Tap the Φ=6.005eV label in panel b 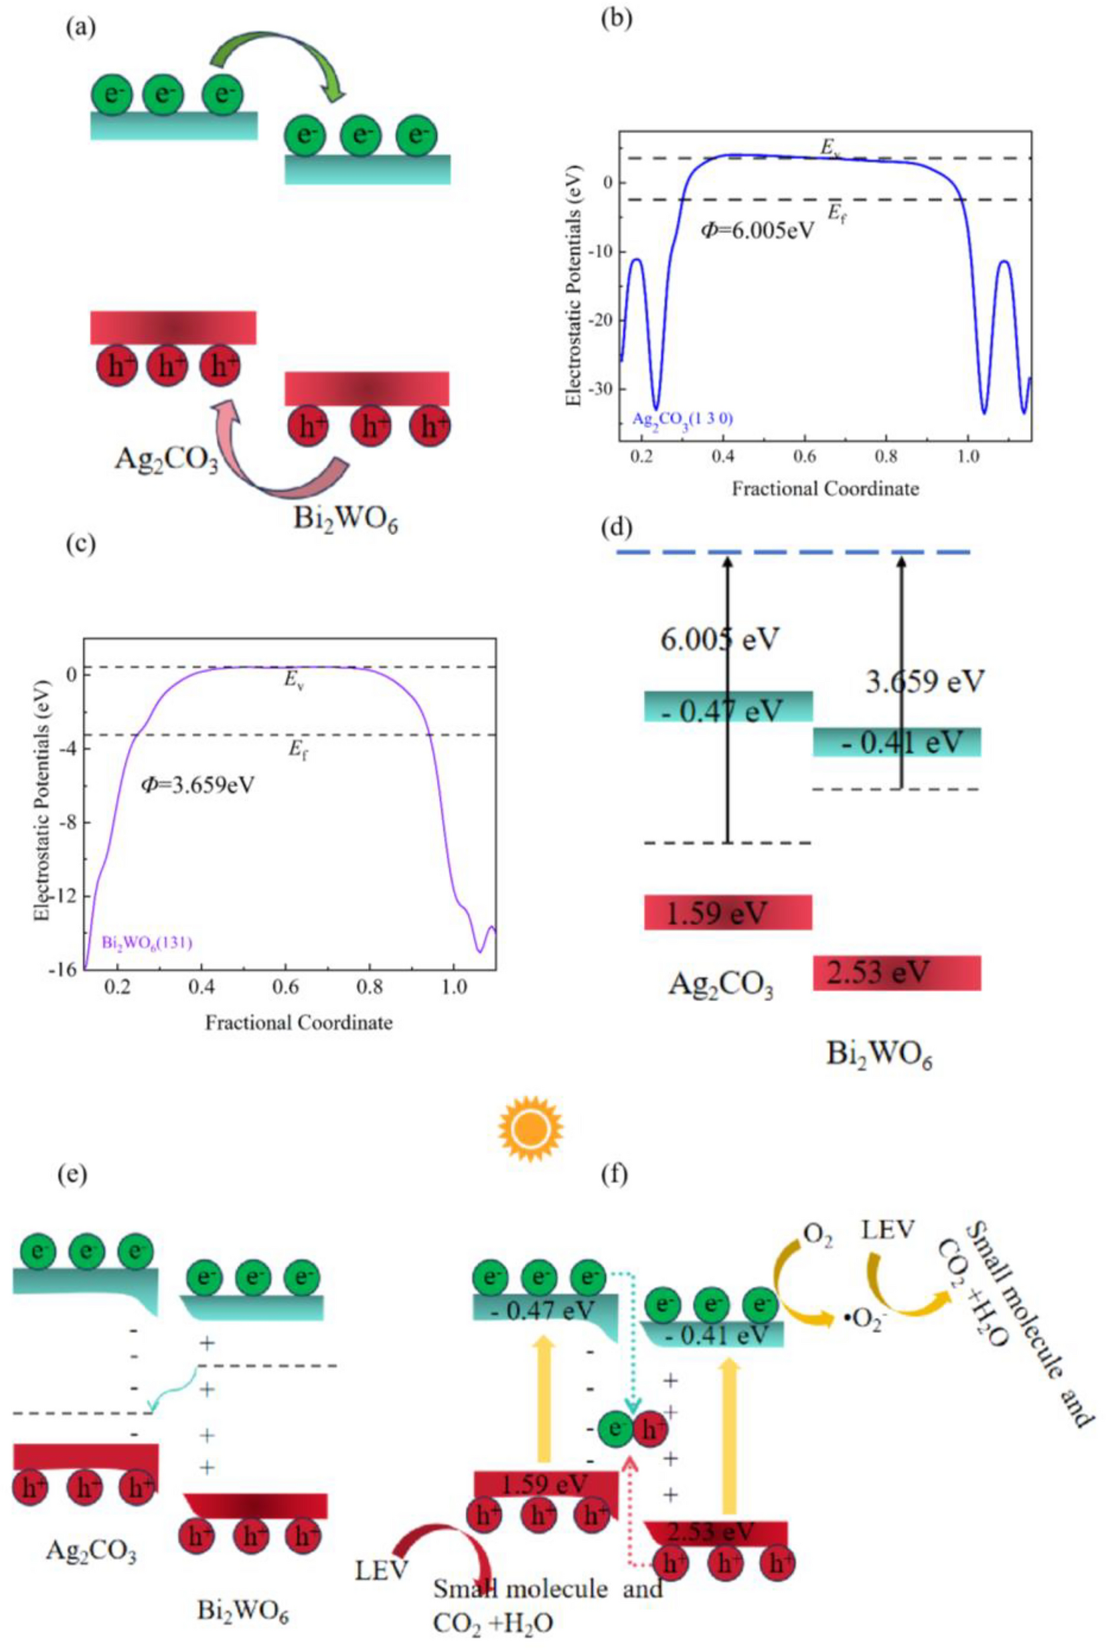[x=757, y=230]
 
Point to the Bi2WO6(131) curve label [x=146, y=942]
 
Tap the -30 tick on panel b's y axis [x=606, y=388]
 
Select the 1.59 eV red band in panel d [x=728, y=912]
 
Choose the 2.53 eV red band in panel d [x=896, y=973]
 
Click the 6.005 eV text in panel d [x=719, y=639]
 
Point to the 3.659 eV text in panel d [x=923, y=682]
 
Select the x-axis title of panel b [x=825, y=488]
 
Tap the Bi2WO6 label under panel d [x=879, y=1056]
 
